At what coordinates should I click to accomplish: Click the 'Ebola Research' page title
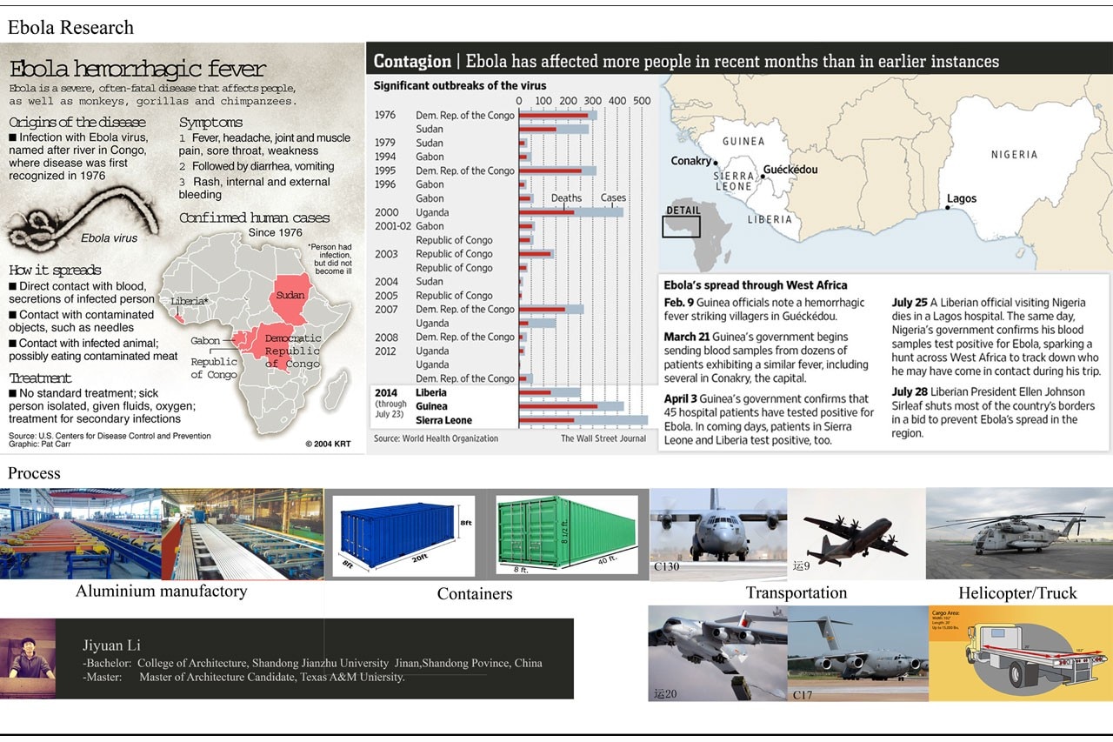[x=70, y=28]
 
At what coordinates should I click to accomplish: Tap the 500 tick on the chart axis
[x=642, y=101]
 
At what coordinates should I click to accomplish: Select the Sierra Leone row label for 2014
[x=443, y=421]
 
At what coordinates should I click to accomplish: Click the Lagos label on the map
[x=962, y=199]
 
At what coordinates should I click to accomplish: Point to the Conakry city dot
[x=716, y=163]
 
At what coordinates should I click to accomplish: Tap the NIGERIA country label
[x=1014, y=155]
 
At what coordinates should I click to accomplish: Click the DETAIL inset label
[x=683, y=211]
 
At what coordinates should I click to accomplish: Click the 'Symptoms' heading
[x=210, y=123]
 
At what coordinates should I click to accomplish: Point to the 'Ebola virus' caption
[x=109, y=238]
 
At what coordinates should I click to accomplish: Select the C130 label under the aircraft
[x=666, y=567]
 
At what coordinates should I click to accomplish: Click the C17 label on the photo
[x=803, y=695]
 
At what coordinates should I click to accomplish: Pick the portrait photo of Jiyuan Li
[x=27, y=658]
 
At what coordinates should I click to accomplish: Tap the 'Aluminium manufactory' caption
[x=161, y=592]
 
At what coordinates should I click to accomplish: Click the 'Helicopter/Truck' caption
[x=1017, y=593]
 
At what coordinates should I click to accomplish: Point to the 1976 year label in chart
[x=385, y=116]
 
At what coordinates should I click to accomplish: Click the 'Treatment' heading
[x=40, y=378]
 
